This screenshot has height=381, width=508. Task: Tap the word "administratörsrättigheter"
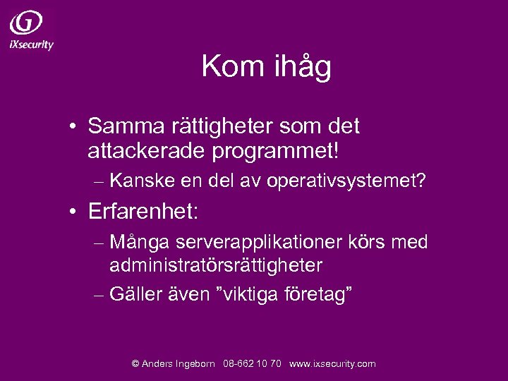[x=215, y=266]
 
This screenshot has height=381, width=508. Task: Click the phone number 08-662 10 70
[x=252, y=364]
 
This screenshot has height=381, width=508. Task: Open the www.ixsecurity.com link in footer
[x=332, y=364]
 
